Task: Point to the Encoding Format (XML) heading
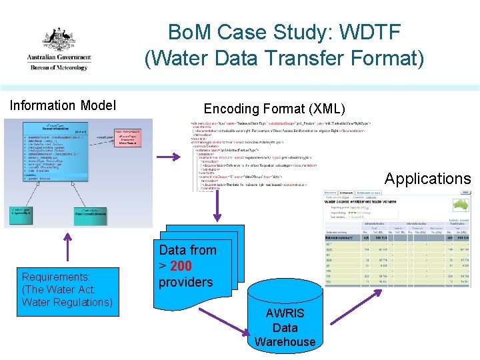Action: click(275, 109)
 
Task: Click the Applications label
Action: click(427, 179)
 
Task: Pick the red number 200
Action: click(181, 266)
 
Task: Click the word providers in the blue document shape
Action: click(186, 282)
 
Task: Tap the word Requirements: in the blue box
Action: click(56, 277)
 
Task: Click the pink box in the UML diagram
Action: click(131, 136)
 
